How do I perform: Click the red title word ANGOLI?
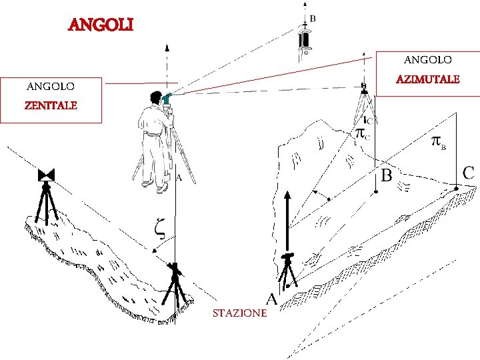coord(101,25)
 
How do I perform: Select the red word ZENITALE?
coord(51,105)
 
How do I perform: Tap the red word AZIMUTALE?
coord(427,79)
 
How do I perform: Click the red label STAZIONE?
coord(239,313)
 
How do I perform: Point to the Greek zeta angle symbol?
coord(159,227)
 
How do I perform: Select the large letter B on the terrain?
coord(386,175)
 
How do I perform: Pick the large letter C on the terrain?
coord(469,173)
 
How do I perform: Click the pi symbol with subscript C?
coord(363,133)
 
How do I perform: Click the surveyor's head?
coord(157,97)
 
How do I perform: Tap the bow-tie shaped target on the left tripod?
coord(46,175)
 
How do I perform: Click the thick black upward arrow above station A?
coord(287,220)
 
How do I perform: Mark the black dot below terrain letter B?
coord(377,192)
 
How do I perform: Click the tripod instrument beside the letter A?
coord(288,270)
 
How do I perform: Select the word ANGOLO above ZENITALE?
coord(50,86)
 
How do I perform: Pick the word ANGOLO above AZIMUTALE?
coord(427,60)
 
